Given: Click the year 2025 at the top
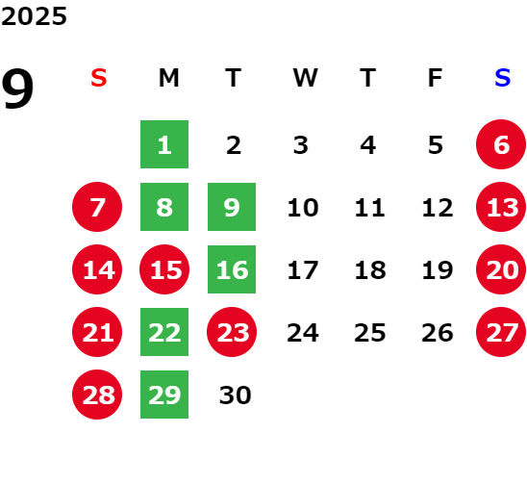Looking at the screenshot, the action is [34, 16].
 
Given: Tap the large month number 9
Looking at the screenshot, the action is [17, 89].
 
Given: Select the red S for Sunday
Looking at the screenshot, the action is [99, 78].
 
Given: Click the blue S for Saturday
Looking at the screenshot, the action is [503, 78].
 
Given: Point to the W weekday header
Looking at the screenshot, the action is [305, 78].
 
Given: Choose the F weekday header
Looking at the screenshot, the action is [436, 78].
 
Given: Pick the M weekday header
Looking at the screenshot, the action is [168, 78].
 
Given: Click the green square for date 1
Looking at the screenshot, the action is [164, 144].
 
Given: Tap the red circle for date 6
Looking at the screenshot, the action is [501, 144].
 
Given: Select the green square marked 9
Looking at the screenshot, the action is [232, 207].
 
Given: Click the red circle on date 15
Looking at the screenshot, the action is [164, 269].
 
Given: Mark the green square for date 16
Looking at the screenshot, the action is [232, 269].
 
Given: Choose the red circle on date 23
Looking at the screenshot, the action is [232, 332].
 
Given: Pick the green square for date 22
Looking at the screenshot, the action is [164, 332].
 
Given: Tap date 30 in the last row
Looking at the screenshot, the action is [235, 395].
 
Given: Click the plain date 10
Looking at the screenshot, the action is [303, 208].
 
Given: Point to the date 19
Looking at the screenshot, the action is [438, 270].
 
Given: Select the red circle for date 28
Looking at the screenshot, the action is [97, 395].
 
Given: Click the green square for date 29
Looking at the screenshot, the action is [164, 395].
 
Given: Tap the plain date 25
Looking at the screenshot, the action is [370, 333].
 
